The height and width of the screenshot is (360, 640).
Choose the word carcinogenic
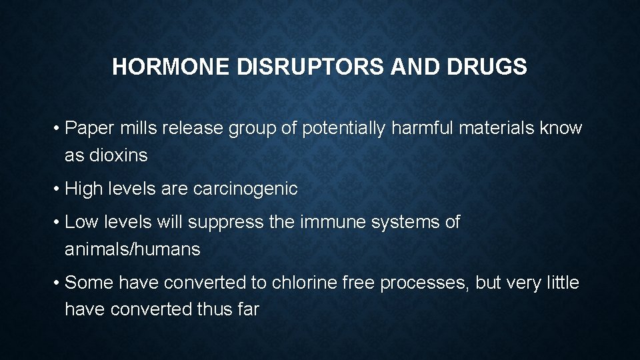pyautogui.click(x=245, y=189)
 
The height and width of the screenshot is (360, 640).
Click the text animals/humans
pyautogui.click(x=132, y=250)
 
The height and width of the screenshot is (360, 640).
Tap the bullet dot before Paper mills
pyautogui.click(x=56, y=129)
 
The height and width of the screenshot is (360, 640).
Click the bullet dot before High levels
pyautogui.click(x=56, y=189)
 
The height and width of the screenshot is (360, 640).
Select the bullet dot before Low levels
pyautogui.click(x=56, y=223)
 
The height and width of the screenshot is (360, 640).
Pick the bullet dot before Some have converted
pyautogui.click(x=56, y=283)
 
